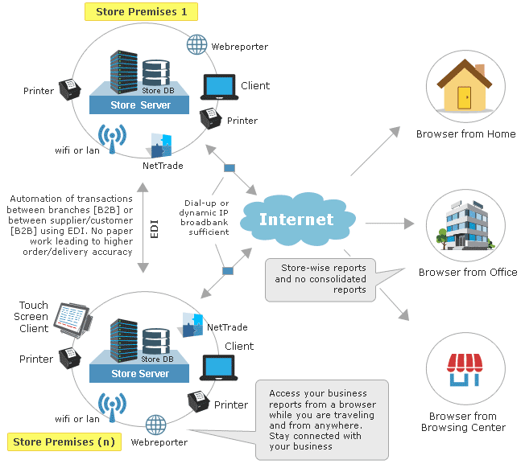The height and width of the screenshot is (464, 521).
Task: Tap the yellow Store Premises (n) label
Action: tap(61, 441)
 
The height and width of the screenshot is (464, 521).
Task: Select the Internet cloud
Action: tap(296, 220)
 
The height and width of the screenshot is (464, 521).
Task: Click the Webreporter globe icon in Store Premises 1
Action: tap(197, 45)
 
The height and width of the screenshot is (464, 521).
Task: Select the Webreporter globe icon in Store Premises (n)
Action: tap(155, 424)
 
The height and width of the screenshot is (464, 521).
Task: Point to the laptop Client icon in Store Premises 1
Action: tap(218, 86)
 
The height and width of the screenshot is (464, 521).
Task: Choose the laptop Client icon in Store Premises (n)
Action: tap(218, 367)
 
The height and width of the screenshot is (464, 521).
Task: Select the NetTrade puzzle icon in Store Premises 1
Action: tap(161, 146)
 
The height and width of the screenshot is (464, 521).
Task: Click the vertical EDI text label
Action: tap(155, 227)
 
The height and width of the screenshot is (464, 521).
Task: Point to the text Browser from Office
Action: tap(467, 273)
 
